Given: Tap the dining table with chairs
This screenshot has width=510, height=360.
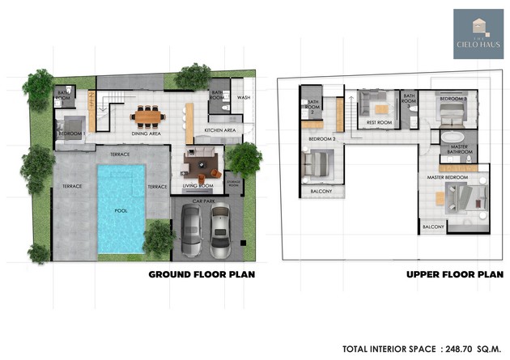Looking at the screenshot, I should pyautogui.click(x=148, y=116).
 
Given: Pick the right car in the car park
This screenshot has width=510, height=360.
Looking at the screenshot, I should pyautogui.click(x=219, y=230).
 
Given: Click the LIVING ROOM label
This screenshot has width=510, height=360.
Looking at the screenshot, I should pyautogui.click(x=198, y=186).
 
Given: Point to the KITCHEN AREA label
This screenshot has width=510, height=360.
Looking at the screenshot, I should pyautogui.click(x=219, y=129).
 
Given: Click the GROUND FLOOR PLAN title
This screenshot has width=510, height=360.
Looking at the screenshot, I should pyautogui.click(x=202, y=274).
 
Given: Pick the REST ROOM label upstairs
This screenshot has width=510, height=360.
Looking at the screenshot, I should pyautogui.click(x=379, y=123).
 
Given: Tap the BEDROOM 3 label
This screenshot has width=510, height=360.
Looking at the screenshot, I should pyautogui.click(x=453, y=99).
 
